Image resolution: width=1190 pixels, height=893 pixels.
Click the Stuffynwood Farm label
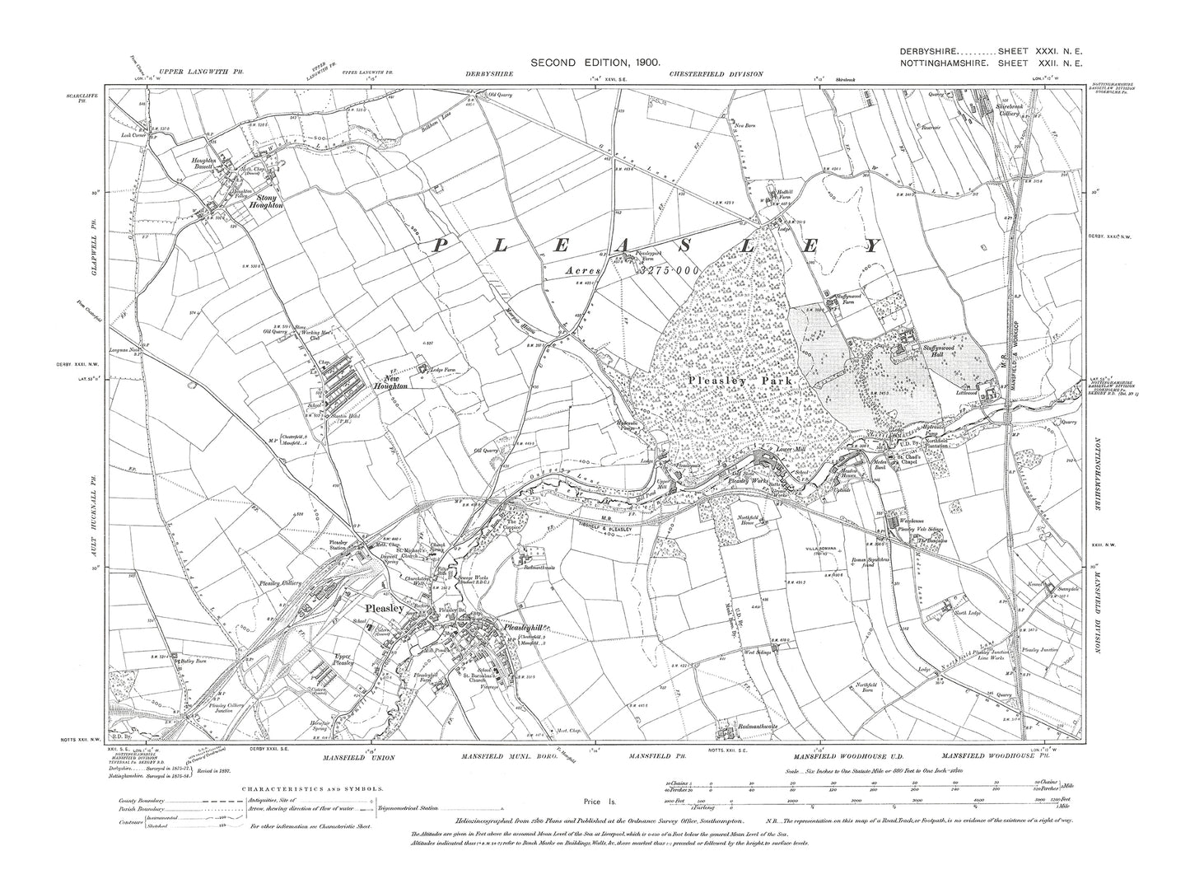848,297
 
